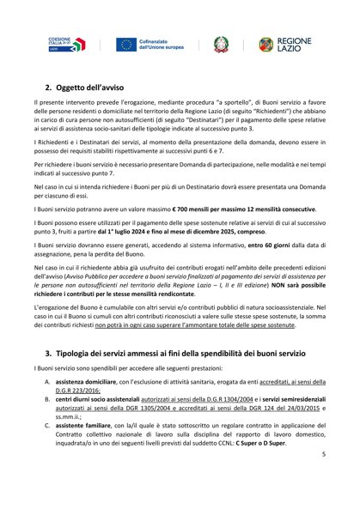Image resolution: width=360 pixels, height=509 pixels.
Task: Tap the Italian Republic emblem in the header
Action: coord(216,45)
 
